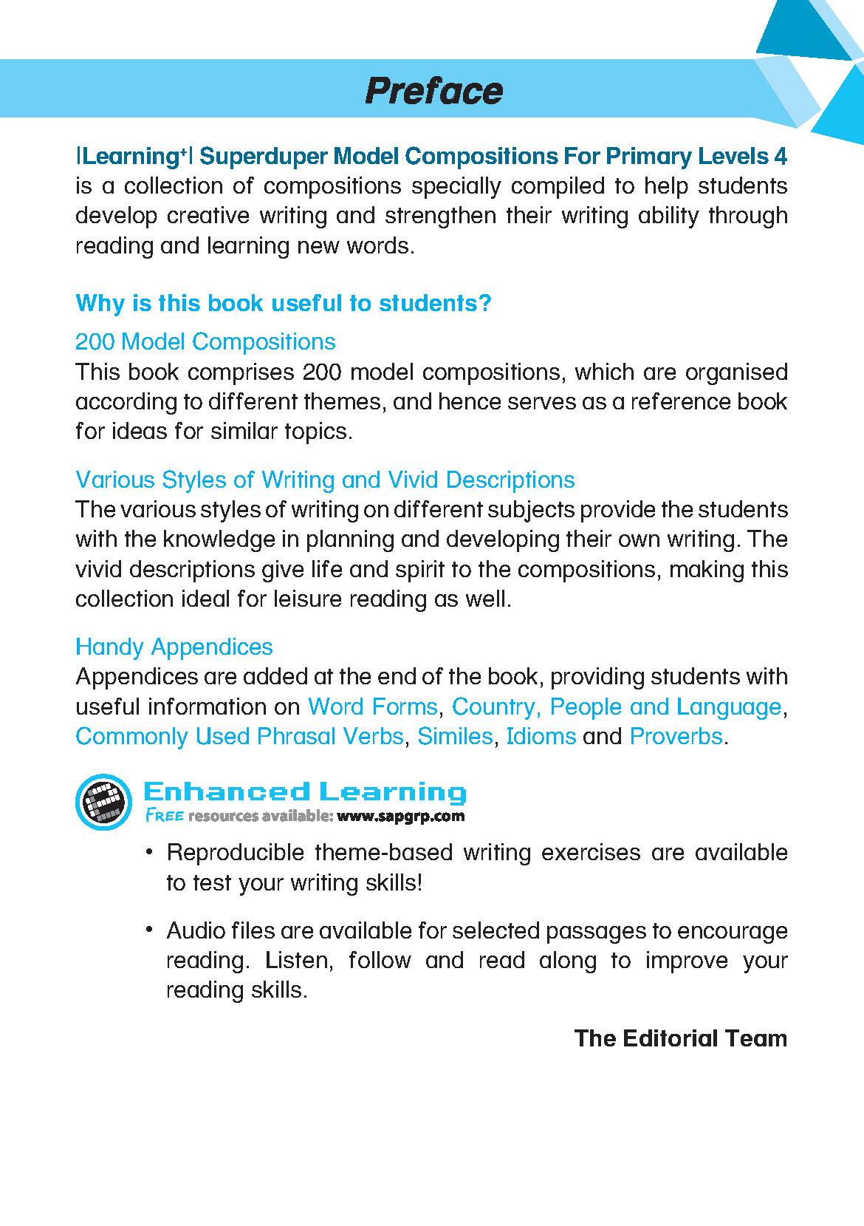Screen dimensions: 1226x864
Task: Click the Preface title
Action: click(433, 91)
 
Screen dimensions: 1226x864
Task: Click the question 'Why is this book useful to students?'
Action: click(284, 303)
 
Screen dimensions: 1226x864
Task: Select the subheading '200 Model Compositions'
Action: click(205, 341)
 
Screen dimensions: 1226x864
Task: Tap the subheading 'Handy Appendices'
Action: click(174, 647)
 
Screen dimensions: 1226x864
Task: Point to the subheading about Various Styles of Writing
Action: click(325, 480)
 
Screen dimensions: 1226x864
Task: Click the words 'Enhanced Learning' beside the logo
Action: click(304, 792)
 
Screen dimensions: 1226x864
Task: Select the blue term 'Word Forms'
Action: click(372, 706)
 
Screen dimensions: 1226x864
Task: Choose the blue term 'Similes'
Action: click(455, 737)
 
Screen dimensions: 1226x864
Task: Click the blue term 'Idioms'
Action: click(541, 737)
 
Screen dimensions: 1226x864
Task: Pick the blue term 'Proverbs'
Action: click(676, 737)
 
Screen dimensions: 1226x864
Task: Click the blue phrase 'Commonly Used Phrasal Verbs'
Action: click(240, 737)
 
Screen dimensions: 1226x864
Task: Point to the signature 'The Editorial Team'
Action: click(680, 1038)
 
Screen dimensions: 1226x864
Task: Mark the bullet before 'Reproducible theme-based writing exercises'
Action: click(150, 854)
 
